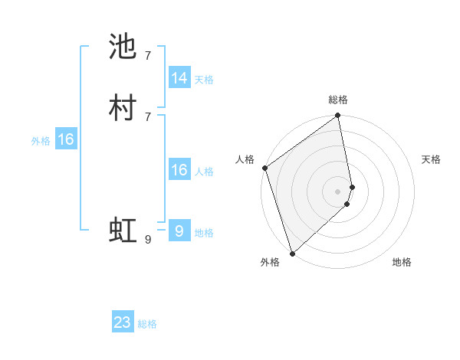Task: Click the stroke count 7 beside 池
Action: click(148, 55)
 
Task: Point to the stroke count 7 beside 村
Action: click(148, 116)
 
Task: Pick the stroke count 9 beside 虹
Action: click(148, 240)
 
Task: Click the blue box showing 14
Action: click(179, 78)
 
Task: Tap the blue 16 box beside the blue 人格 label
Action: click(179, 170)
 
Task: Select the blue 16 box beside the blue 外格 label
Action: click(66, 139)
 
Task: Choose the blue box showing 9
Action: click(179, 231)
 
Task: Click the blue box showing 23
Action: click(123, 322)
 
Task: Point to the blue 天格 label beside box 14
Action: click(204, 79)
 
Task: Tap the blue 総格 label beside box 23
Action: click(147, 324)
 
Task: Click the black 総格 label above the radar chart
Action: click(338, 100)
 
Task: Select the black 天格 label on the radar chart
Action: click(431, 159)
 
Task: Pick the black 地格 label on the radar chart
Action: click(402, 262)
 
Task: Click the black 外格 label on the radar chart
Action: click(270, 262)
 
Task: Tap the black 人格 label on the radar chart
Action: click(245, 159)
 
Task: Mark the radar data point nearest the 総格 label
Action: click(338, 116)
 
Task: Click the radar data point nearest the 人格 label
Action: click(265, 168)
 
